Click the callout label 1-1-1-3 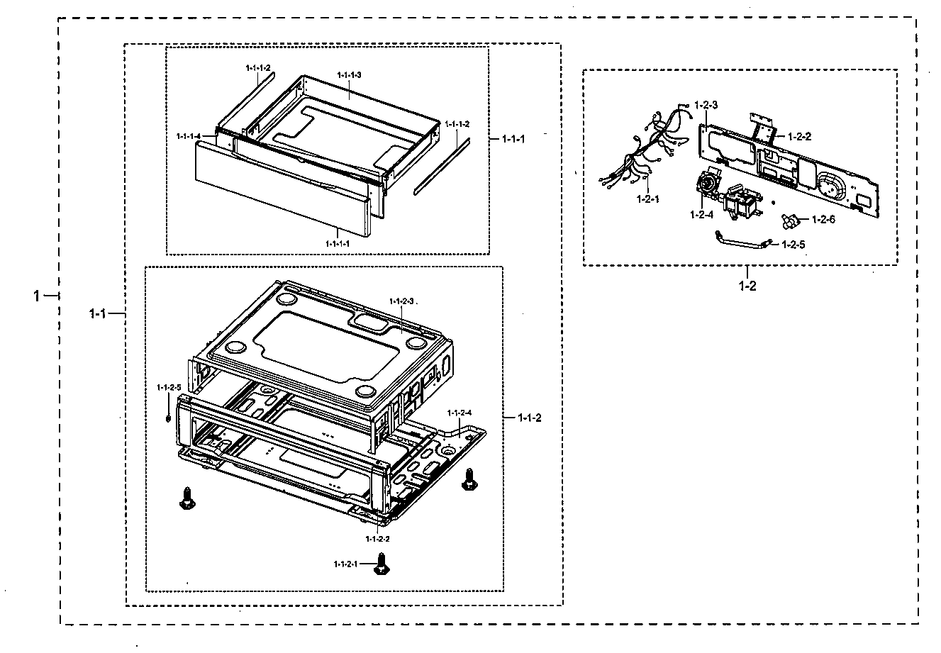[x=350, y=75]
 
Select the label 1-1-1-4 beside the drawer [x=188, y=135]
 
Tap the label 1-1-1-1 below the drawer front [x=338, y=243]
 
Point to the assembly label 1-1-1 [x=513, y=138]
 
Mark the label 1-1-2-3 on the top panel [x=401, y=301]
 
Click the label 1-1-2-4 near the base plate [x=459, y=413]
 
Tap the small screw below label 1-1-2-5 [x=167, y=418]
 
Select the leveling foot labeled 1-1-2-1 [x=381, y=565]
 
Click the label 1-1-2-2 [x=378, y=539]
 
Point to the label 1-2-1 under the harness [x=647, y=200]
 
